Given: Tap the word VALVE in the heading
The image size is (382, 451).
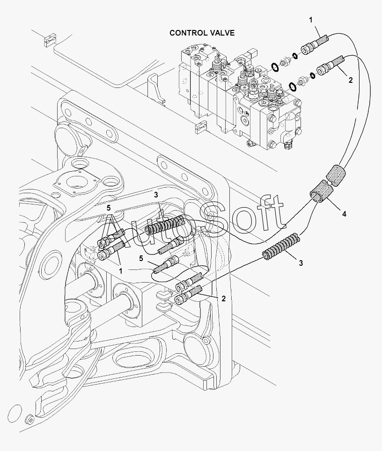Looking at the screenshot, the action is tap(221, 33).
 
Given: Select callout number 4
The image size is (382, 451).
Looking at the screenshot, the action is tap(344, 214).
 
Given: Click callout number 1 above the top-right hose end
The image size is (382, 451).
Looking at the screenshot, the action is tap(310, 20).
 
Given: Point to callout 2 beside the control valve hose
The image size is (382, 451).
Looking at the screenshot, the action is tap(350, 80).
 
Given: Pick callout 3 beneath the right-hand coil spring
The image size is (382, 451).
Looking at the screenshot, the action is tap(301, 263).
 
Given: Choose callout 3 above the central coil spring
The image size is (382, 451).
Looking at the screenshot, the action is tap(156, 195).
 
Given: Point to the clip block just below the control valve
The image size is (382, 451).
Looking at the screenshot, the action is tap(201, 127).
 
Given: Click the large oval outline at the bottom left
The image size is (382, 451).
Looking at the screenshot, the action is tap(15, 415).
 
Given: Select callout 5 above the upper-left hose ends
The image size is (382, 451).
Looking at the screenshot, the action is tap(109, 208).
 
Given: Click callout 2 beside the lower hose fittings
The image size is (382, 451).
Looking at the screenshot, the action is tap(224, 298).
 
